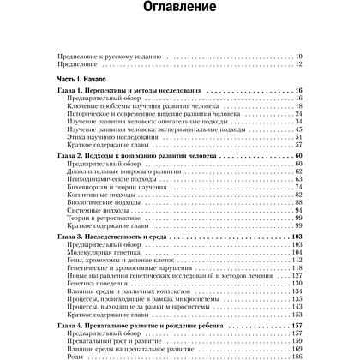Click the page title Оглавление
tap(180, 15)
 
